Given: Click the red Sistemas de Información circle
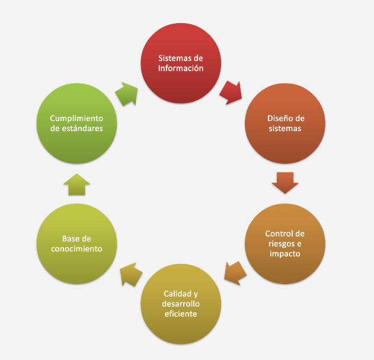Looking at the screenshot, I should pos(180,63).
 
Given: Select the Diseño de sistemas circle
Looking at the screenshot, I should pos(285,123).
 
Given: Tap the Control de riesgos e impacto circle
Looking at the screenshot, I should pos(285,243).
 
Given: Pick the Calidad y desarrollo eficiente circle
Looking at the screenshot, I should pos(180,304).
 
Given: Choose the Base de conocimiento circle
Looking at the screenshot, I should pos(76,244).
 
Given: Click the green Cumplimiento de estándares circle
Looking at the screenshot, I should pos(76,123).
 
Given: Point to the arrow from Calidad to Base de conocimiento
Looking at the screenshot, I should pos(131,274).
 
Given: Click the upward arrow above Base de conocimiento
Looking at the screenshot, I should pos(76,184).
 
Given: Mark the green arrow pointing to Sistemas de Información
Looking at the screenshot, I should pos(126,93).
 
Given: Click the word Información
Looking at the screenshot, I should pos(181,68).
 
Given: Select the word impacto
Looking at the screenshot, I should pos(285,253).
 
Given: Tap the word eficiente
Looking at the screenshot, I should pos(181,314).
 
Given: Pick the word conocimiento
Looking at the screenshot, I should pos(76,249).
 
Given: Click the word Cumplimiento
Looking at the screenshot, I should pos(77,117).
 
